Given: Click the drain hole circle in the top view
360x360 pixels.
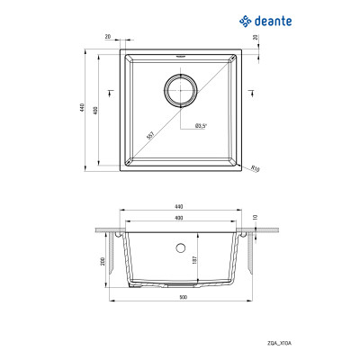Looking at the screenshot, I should tap(180, 91).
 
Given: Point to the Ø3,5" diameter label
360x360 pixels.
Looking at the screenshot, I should tap(202, 127).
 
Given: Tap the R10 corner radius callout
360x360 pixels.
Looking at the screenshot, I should tap(255, 167).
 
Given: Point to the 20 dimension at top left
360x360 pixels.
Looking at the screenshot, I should tap(108, 38).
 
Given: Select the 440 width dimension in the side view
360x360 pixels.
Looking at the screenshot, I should tap(180, 208).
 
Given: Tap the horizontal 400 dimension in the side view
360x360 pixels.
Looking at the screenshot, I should tap(180, 218).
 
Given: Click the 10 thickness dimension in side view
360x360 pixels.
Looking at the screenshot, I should tap(256, 217).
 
